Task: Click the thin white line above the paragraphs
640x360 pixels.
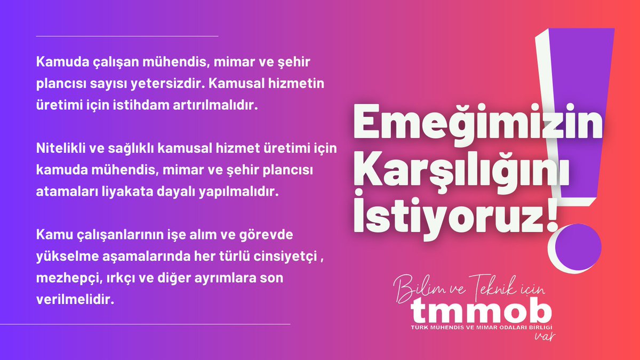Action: click(x=127, y=36)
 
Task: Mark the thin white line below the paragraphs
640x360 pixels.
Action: click(x=163, y=324)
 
